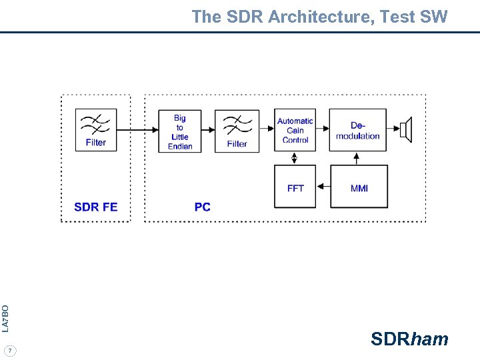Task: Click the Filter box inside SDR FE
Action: pos(96,130)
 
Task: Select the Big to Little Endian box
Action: pos(180,131)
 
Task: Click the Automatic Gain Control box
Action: pos(295,131)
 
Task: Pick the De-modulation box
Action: pos(358,131)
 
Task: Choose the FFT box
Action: pos(295,187)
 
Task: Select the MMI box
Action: pos(359,187)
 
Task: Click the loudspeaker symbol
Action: pos(406,130)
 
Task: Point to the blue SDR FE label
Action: pos(96,207)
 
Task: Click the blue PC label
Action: pos(203,207)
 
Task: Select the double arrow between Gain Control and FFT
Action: pos(295,159)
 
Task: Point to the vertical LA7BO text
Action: pos(5,319)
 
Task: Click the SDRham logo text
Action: pos(409,339)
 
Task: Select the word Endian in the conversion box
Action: pos(180,146)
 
